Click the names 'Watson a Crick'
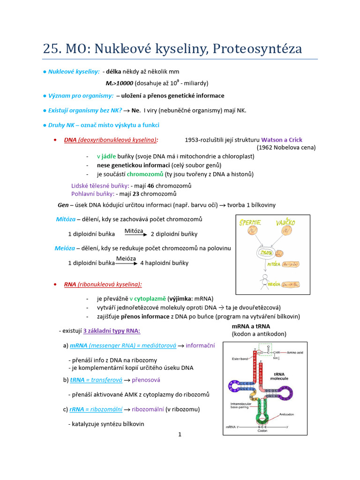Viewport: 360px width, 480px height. click(281, 140)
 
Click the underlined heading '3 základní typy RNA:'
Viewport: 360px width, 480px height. click(112, 331)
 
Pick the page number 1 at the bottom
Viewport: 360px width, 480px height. click(180, 435)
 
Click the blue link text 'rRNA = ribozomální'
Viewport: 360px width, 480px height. click(96, 409)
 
